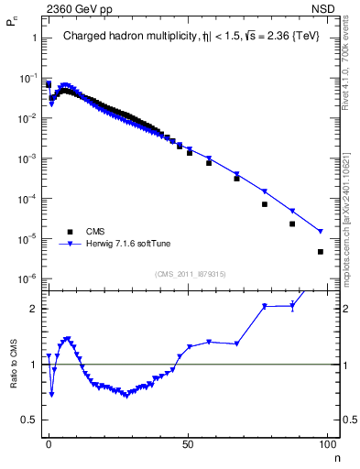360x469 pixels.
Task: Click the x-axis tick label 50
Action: coord(188,444)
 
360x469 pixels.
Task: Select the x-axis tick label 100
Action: coord(326,444)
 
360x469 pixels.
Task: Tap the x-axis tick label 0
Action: coord(49,444)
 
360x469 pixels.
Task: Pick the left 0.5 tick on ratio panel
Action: coord(29,420)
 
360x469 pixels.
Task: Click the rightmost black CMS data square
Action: coord(320,252)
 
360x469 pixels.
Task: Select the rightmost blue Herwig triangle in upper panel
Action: coord(320,231)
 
